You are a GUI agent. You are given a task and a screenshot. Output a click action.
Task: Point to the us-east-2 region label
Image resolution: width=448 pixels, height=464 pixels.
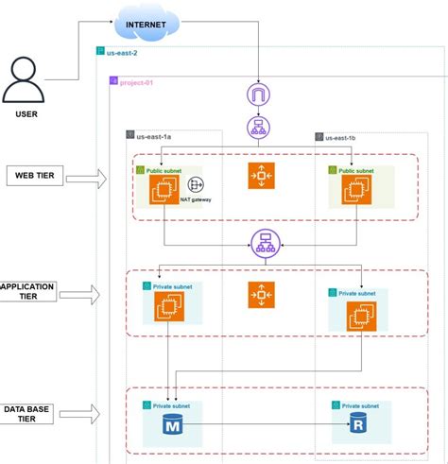(123, 54)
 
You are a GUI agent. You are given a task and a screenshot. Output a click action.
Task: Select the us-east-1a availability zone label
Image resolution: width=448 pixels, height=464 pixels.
(154, 136)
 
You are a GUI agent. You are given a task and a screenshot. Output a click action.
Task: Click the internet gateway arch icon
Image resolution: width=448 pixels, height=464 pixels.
(258, 95)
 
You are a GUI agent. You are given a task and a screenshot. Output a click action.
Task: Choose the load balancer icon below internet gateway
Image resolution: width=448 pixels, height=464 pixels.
(258, 128)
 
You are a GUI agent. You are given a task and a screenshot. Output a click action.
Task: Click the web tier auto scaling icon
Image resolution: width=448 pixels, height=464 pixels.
(262, 177)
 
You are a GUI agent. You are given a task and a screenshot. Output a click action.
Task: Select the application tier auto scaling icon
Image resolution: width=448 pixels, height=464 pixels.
(262, 295)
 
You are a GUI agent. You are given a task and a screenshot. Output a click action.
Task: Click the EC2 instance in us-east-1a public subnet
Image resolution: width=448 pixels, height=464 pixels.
(164, 190)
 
